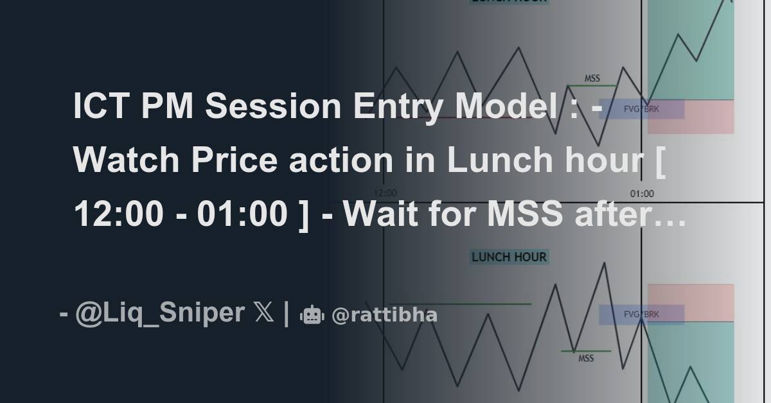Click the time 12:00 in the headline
118,214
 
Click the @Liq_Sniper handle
159,313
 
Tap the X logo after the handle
263,313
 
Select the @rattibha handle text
385,315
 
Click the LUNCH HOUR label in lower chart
509,257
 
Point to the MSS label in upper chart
592,78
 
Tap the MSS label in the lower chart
586,358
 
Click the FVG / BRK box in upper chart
641,109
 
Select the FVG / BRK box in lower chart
641,314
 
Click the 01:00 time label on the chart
642,193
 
